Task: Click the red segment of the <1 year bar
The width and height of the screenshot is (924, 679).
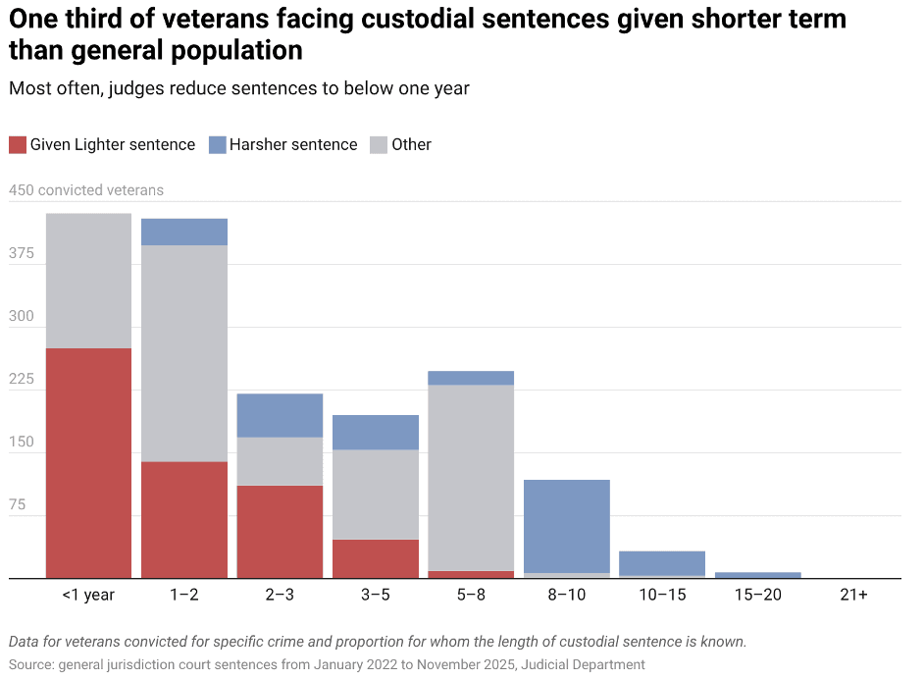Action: tap(88, 462)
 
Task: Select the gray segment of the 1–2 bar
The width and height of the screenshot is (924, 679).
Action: tap(184, 353)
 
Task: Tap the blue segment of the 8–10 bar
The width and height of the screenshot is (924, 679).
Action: tap(567, 526)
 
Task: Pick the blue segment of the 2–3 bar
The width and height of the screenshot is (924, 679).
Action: tap(280, 415)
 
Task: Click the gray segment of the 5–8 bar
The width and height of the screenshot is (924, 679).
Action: tap(471, 477)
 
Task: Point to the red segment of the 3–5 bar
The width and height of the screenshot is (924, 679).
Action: tap(376, 558)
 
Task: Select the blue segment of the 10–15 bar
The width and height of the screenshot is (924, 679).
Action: tap(662, 563)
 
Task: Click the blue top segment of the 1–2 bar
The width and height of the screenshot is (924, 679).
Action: tap(184, 232)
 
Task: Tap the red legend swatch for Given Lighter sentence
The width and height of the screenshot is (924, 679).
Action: tap(18, 144)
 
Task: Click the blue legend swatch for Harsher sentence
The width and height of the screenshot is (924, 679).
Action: tap(218, 144)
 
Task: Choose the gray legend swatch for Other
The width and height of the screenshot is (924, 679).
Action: tap(379, 144)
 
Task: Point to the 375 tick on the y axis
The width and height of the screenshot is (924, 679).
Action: tap(22, 253)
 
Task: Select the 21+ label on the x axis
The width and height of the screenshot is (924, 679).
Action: tap(853, 595)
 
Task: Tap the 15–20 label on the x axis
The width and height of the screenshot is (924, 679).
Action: tap(758, 595)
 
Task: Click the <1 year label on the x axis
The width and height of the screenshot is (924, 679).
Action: tap(88, 595)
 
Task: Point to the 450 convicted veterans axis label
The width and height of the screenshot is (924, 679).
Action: tap(86, 190)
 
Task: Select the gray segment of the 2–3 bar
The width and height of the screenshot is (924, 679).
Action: tap(280, 461)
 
